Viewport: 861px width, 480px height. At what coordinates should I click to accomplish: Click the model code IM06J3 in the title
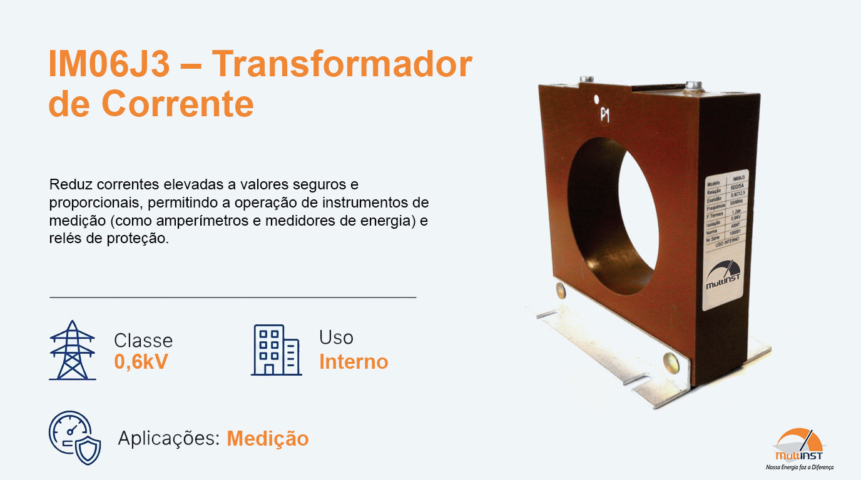tap(109, 64)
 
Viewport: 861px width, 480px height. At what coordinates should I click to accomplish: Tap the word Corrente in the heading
tap(177, 104)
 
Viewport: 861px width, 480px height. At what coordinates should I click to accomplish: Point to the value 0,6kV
tap(141, 362)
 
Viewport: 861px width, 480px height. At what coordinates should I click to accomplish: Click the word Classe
tap(143, 341)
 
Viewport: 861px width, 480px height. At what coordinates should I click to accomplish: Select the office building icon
tap(276, 350)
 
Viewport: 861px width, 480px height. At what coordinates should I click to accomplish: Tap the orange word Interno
tap(354, 362)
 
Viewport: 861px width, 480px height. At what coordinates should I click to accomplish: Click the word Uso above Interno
tap(336, 337)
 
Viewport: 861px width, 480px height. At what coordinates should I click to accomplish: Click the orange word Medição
tap(268, 439)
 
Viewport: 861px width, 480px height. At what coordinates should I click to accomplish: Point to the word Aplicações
tap(168, 439)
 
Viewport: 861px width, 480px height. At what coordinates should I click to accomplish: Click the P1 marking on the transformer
tap(605, 115)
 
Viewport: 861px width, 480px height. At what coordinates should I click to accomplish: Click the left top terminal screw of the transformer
tap(586, 79)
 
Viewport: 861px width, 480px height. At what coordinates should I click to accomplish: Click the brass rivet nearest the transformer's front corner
tap(670, 361)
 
